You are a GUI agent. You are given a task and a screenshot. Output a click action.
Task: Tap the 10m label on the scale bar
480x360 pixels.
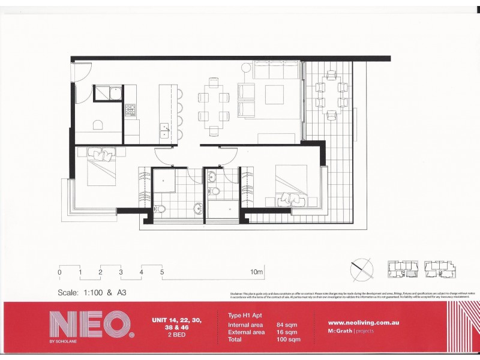point(257,272)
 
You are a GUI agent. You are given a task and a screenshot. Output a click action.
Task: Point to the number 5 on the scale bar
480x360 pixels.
point(162,272)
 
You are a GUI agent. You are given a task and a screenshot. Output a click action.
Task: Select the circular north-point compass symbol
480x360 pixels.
point(361,268)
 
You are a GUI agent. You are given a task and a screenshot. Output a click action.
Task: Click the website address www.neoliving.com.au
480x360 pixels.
point(364,323)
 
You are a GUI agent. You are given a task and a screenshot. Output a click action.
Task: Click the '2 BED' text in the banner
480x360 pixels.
point(175,337)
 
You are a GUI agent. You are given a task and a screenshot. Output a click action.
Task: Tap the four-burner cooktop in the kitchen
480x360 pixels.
point(130,110)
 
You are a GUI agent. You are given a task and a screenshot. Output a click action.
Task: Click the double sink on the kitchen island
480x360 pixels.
point(164,129)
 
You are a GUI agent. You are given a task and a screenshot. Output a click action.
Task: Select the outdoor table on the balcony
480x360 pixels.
point(331,96)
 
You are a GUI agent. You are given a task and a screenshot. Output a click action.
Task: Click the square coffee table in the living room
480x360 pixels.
point(274,95)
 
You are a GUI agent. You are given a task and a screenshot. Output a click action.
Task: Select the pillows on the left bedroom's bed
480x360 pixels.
point(101,155)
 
